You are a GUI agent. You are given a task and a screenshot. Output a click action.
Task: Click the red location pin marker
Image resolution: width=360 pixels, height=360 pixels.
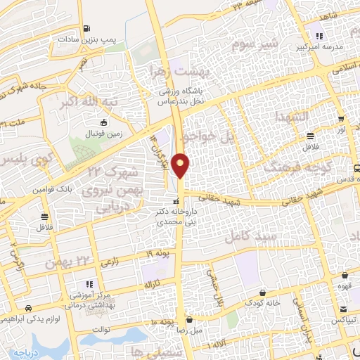181,166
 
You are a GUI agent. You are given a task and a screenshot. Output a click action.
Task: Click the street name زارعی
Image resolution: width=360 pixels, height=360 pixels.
108,262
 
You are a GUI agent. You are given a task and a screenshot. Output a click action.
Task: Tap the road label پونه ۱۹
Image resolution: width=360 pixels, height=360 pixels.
159,252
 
